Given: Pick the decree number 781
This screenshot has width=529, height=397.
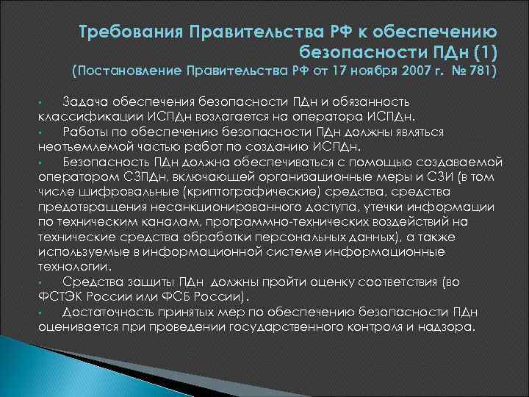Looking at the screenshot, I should [487, 72].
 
